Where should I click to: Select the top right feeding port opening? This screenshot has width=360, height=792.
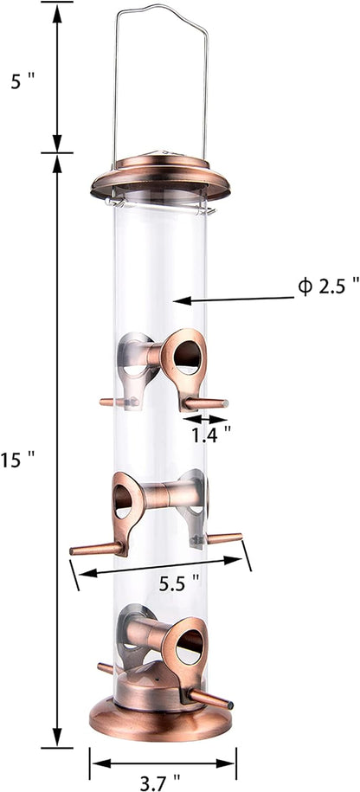tap(186, 357)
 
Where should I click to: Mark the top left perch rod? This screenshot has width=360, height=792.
tap(112, 402)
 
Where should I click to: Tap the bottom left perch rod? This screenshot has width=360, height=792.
tap(106, 668)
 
